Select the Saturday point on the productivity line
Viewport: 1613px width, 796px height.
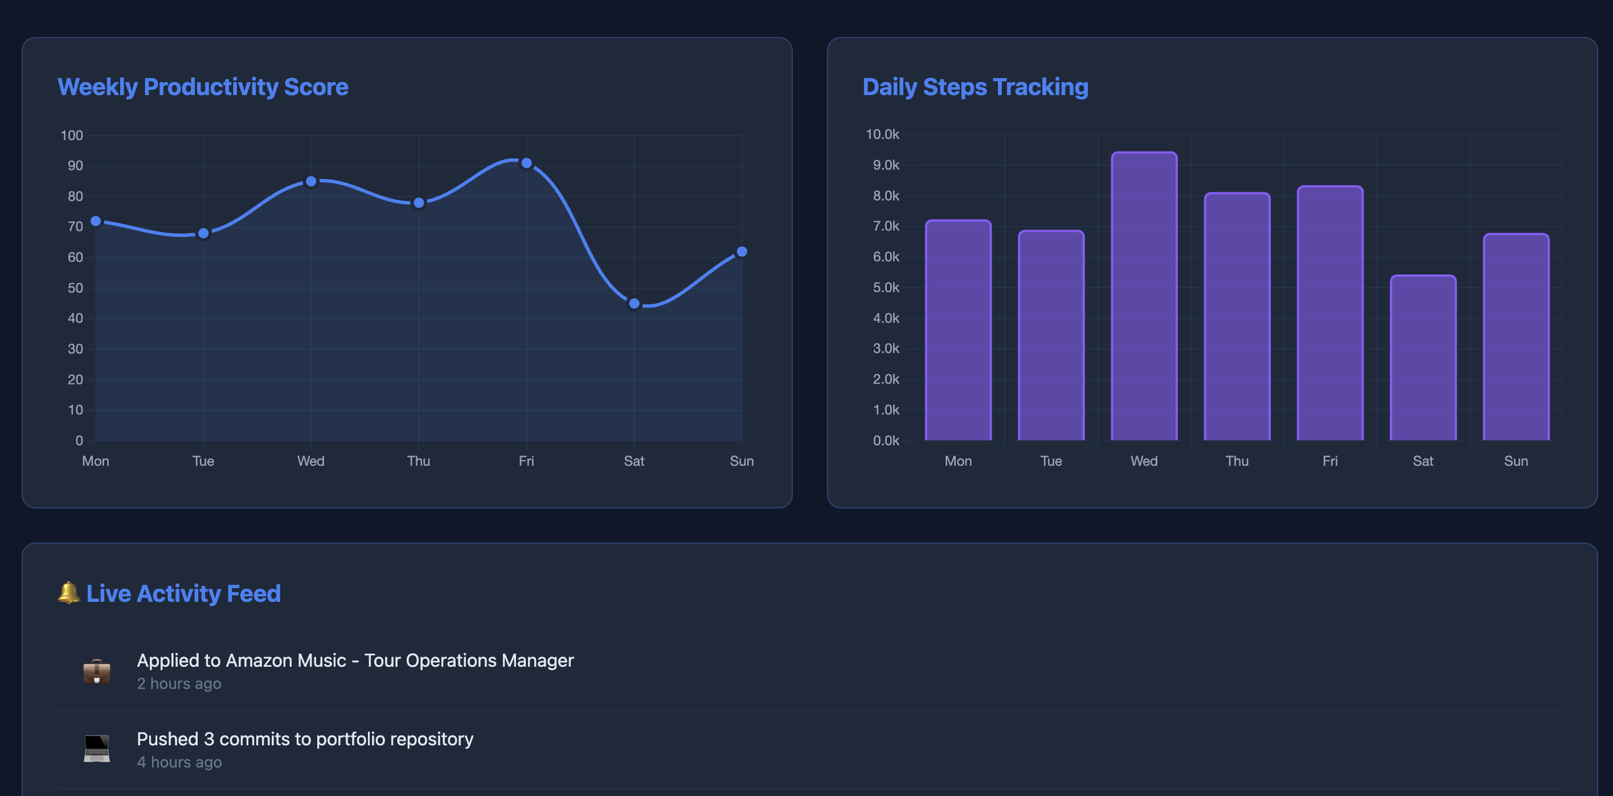pos(634,303)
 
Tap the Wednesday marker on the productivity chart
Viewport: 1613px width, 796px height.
pos(311,182)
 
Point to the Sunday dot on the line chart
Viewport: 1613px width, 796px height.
pos(742,252)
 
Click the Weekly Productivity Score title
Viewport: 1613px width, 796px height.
pos(203,87)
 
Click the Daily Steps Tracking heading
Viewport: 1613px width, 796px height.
pos(975,87)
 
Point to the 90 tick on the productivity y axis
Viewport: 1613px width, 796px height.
pos(75,166)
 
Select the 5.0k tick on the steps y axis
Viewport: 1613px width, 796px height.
pos(886,287)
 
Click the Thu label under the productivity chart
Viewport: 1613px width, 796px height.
pos(418,461)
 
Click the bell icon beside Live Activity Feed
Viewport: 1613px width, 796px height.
pos(69,593)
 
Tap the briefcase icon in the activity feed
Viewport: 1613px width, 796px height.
pos(97,671)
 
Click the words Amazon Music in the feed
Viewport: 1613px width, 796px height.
pos(285,660)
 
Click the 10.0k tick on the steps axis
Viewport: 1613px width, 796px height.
pos(882,134)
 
